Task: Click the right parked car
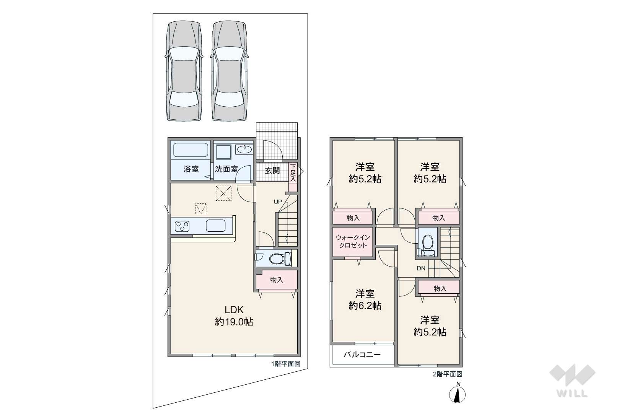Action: click(x=229, y=72)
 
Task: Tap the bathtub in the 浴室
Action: click(x=191, y=150)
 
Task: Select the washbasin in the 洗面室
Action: click(x=244, y=150)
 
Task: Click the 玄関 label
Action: click(x=272, y=171)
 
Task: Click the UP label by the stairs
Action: click(x=278, y=202)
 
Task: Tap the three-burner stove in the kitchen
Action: click(x=182, y=226)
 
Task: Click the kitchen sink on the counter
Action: click(x=215, y=226)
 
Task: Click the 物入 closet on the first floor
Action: click(x=277, y=280)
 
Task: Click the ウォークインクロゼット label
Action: click(x=353, y=242)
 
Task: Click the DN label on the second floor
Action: click(x=421, y=268)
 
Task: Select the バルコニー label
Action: click(x=362, y=355)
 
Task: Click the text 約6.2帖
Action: click(x=365, y=306)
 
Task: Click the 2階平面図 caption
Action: click(x=448, y=374)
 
